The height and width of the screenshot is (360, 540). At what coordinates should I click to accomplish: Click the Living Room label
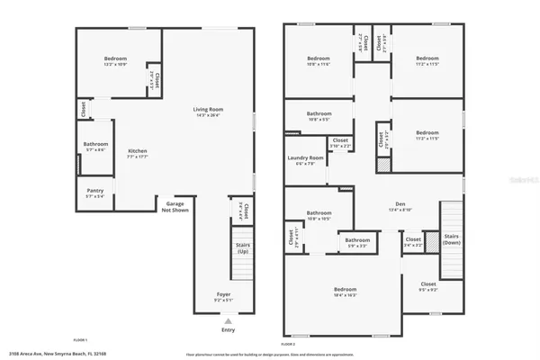[208, 112]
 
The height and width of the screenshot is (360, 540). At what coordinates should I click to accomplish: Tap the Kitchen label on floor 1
[137, 153]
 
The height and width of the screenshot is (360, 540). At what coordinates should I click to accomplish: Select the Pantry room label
[95, 193]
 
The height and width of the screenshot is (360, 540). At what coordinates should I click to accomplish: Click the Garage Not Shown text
[175, 206]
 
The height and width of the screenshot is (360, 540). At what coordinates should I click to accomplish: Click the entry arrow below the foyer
[227, 319]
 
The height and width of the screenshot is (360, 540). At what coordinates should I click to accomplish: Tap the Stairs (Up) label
[242, 249]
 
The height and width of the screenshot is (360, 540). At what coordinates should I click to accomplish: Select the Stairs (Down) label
[453, 242]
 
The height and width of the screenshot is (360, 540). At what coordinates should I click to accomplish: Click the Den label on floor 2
[400, 207]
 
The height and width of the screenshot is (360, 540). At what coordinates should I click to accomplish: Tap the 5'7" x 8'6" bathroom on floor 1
[95, 147]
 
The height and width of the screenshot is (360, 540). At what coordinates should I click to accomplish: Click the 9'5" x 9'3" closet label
[428, 286]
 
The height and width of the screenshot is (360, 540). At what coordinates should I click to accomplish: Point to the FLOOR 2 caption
[288, 344]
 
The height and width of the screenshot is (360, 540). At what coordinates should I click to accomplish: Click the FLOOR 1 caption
[79, 340]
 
